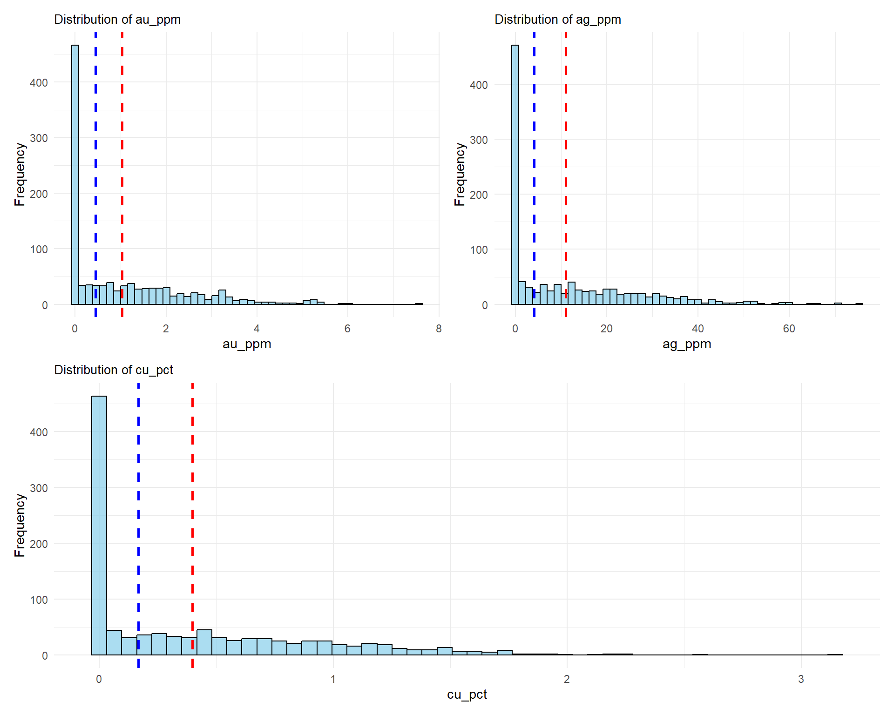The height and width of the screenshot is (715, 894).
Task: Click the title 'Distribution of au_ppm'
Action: click(x=117, y=20)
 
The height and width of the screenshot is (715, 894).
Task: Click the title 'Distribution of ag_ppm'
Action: click(x=557, y=20)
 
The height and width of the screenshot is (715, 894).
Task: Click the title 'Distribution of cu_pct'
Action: click(x=114, y=370)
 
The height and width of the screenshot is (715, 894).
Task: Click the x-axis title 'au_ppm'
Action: click(x=247, y=344)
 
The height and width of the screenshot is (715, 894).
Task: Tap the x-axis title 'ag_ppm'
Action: click(x=687, y=344)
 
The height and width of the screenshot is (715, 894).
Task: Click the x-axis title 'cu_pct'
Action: click(x=467, y=695)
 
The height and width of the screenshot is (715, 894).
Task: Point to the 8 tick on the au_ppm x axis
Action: click(x=439, y=329)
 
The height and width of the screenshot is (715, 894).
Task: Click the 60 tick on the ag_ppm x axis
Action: click(x=789, y=329)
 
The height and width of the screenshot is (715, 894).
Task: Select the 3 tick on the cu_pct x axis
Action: click(x=801, y=679)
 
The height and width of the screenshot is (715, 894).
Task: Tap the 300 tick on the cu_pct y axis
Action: click(x=39, y=488)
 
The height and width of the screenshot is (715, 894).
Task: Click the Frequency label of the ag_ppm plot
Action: click(x=460, y=174)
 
